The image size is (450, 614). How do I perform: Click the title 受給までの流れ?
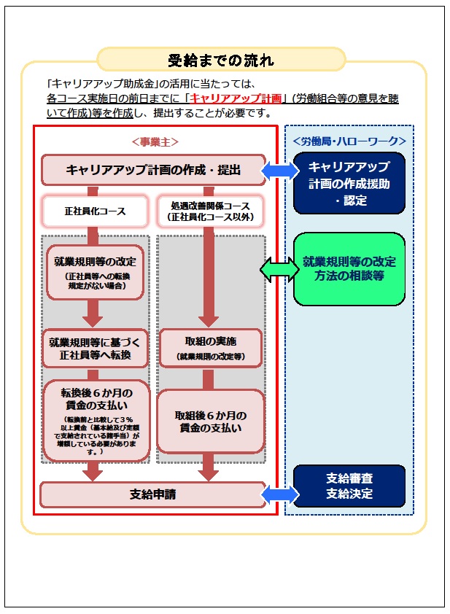coord(221,60)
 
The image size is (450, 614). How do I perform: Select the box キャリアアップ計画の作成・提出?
coord(154,170)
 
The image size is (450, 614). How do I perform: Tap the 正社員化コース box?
coord(95,211)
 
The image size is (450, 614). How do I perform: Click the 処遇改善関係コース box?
coord(209,211)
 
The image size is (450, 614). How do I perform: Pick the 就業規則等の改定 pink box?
coord(95,267)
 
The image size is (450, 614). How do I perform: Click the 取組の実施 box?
coord(209,347)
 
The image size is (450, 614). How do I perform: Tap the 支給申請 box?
coord(152,494)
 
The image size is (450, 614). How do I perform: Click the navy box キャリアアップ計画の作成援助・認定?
coord(349,183)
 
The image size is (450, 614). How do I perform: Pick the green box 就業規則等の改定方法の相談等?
coord(349,268)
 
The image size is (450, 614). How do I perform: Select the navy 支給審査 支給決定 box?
coord(349,486)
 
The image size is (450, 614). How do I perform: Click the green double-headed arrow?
coord(279,268)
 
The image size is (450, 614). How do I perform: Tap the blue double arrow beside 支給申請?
coord(279,493)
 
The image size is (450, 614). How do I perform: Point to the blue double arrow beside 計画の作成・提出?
coord(279,170)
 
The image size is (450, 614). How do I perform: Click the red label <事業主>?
coord(155,141)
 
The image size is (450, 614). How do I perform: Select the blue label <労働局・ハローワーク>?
coord(349,141)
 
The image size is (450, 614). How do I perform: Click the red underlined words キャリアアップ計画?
coord(236,98)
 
